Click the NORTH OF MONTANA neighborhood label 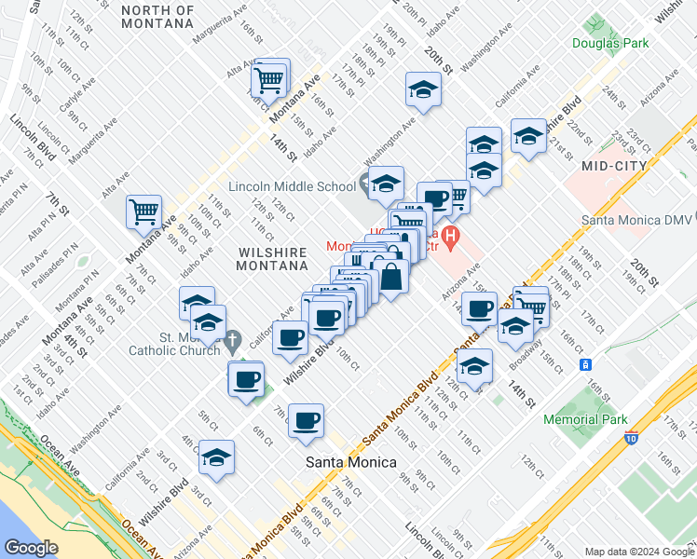(x=157, y=18)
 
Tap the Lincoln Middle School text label (x=292, y=185)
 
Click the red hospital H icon (x=451, y=238)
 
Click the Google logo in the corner (x=33, y=548)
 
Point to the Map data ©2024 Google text (x=637, y=552)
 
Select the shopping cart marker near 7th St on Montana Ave (x=144, y=211)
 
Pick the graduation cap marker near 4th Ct (x=216, y=457)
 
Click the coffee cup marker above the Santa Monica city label (x=306, y=421)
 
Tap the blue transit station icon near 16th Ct (x=585, y=364)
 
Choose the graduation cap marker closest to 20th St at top (x=423, y=89)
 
